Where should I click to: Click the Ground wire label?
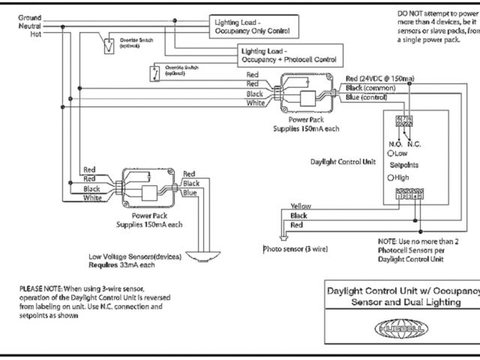(30, 16)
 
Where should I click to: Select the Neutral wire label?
(30, 25)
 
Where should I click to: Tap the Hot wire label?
(35, 34)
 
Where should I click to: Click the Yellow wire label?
(300, 205)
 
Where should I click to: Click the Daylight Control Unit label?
(343, 161)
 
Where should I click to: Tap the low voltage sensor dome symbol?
(204, 256)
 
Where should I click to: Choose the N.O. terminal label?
(395, 143)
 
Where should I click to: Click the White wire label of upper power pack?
(255, 103)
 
